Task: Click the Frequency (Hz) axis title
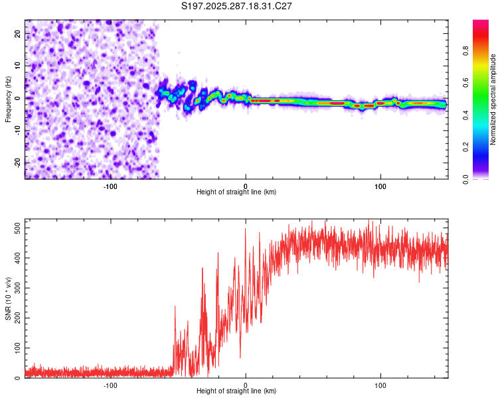pyautogui.click(x=8, y=99)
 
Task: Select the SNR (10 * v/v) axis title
pyautogui.click(x=8, y=298)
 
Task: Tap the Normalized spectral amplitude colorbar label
pyautogui.click(x=493, y=99)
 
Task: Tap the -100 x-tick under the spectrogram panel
pyautogui.click(x=110, y=186)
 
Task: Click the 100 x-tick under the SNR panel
pyautogui.click(x=380, y=385)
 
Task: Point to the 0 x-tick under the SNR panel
pyautogui.click(x=246, y=385)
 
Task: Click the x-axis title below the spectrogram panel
pyautogui.click(x=236, y=192)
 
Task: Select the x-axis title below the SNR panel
pyautogui.click(x=236, y=391)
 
